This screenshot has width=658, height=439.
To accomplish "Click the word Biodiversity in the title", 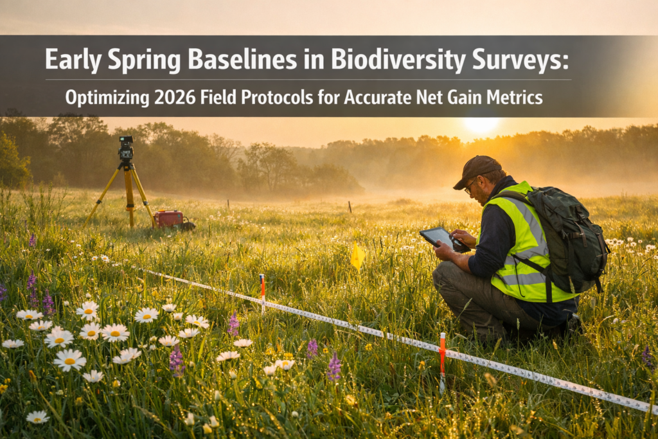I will click(399, 60).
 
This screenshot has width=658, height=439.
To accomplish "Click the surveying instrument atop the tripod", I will click(126, 148).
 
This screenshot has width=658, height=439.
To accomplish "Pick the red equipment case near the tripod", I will click(170, 219).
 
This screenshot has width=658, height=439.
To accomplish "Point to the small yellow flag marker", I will click(357, 256).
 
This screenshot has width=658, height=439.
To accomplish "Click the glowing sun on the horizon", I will click(480, 124).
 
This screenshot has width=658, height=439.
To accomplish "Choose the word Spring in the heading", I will click(143, 60).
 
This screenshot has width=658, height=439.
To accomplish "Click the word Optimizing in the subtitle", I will click(106, 98).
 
